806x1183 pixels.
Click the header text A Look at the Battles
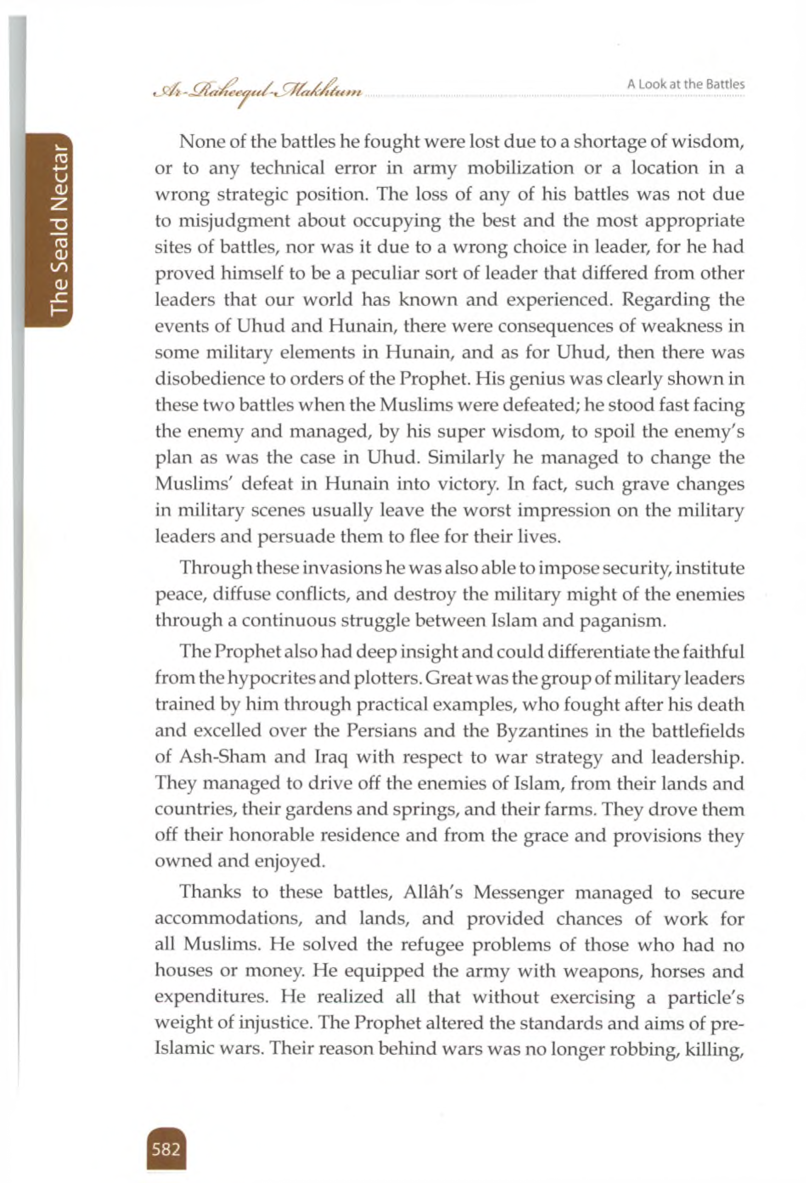point(685,85)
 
